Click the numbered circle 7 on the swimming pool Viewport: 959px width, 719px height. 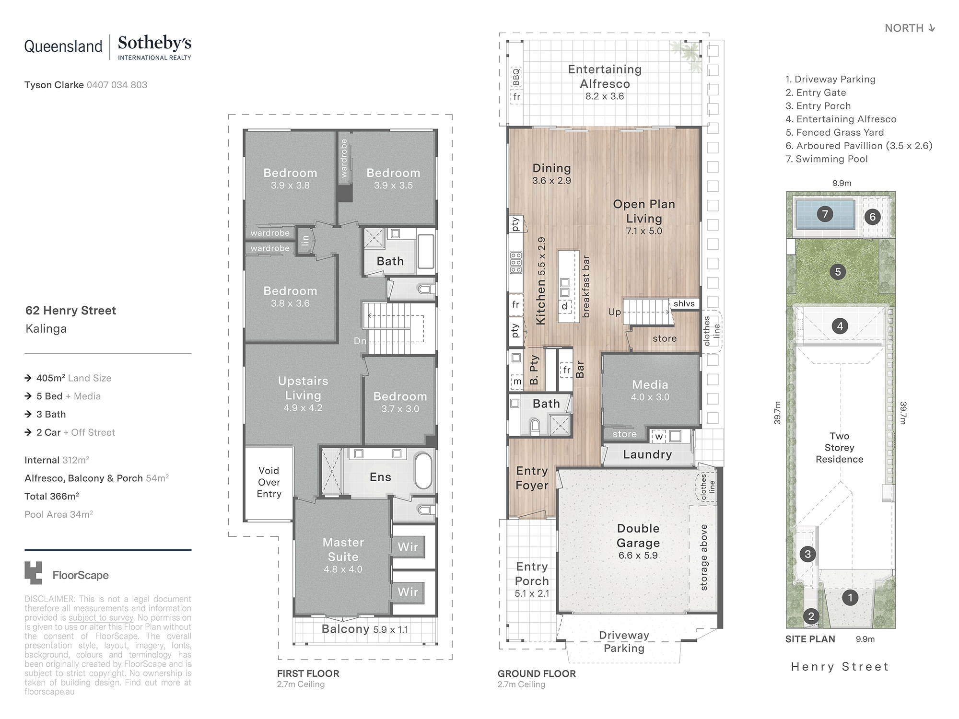pyautogui.click(x=825, y=214)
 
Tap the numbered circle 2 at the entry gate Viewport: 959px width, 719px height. pyautogui.click(x=811, y=616)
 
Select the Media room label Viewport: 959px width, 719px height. pyautogui.click(x=650, y=385)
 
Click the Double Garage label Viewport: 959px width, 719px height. pyautogui.click(x=638, y=535)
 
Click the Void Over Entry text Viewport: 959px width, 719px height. pyautogui.click(x=269, y=482)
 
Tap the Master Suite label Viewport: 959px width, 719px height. pyautogui.click(x=343, y=549)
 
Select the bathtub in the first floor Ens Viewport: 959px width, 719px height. pyautogui.click(x=423, y=471)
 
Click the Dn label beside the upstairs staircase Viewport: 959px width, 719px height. pyautogui.click(x=360, y=341)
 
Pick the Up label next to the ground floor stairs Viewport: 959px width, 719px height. pyautogui.click(x=615, y=312)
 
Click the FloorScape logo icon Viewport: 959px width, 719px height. pyautogui.click(x=33, y=573)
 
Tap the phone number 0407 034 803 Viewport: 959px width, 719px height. pyautogui.click(x=117, y=85)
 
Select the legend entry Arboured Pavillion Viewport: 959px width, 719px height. pyautogui.click(x=859, y=146)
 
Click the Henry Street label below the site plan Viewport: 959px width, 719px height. pyautogui.click(x=840, y=667)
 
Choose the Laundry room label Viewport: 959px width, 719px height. pyautogui.click(x=647, y=454)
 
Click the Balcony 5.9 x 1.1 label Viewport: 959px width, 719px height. pyautogui.click(x=365, y=629)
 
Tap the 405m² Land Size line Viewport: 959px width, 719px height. pyautogui.click(x=68, y=378)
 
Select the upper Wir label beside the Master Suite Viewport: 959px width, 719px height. pyautogui.click(x=408, y=547)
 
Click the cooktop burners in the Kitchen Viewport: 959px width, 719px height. pyautogui.click(x=516, y=263)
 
